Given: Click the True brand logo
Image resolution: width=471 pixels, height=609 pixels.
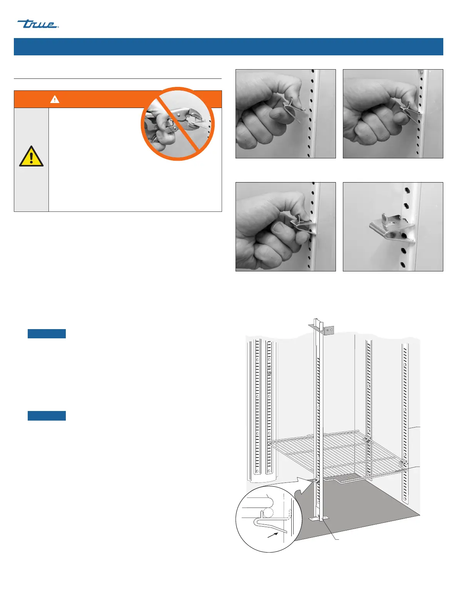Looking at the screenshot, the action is tap(38, 24).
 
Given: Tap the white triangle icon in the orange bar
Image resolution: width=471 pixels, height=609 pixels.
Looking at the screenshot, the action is tap(55, 99).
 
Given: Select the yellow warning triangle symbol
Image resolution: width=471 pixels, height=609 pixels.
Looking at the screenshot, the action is tap(31, 156).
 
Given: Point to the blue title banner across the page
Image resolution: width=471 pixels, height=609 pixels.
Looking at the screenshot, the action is tap(228, 47).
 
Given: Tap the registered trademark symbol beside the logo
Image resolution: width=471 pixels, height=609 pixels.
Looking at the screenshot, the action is tap(58, 27).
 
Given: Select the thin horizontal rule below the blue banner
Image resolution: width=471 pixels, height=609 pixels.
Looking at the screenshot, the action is tap(117, 79).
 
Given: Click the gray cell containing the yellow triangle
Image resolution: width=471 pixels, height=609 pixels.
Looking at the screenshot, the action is tap(31, 160).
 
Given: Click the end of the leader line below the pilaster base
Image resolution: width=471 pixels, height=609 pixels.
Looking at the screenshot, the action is tap(339, 539).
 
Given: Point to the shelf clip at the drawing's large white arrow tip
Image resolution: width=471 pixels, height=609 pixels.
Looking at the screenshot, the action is tap(316, 480).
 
